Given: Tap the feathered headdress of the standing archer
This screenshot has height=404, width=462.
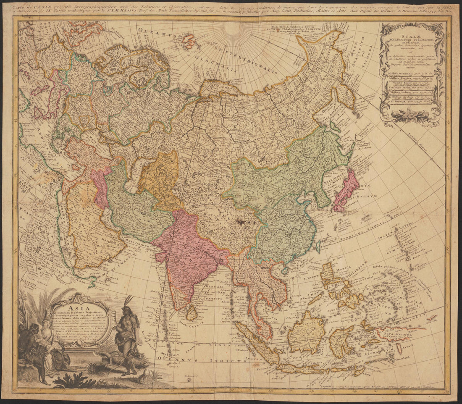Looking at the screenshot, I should [128, 301].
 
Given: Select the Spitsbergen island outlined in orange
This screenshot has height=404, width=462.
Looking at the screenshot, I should [189, 41].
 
